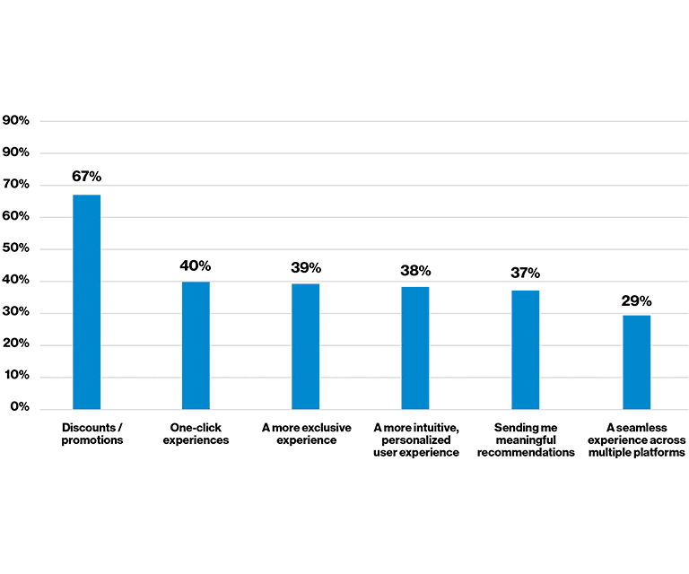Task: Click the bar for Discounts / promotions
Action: [86, 301]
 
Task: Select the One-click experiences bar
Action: [196, 345]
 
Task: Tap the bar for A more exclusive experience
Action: [305, 346]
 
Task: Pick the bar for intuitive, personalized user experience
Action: [414, 348]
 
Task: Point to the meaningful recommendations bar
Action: [525, 350]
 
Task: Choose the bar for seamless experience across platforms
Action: [636, 361]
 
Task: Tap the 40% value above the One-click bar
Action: [196, 265]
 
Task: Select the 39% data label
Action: [305, 268]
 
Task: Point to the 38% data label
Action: [415, 271]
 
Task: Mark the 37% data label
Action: [525, 274]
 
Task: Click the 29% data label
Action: [636, 301]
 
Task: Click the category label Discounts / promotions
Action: [92, 434]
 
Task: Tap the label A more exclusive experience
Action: [306, 434]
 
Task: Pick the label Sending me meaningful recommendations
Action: [526, 439]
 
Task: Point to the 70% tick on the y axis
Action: [16, 185]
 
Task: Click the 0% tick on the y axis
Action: [20, 408]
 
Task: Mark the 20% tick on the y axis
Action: [16, 344]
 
